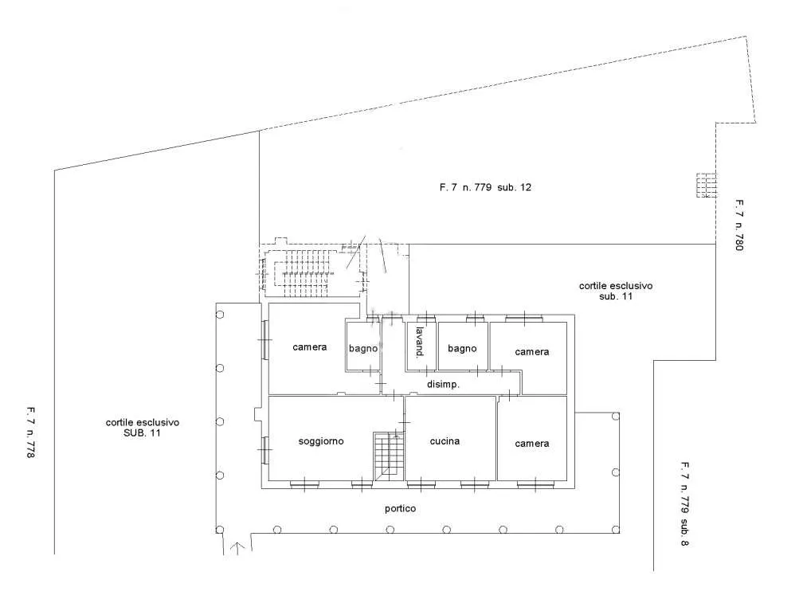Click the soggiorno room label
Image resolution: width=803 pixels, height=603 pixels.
click(x=321, y=441)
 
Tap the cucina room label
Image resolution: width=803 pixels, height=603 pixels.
click(x=445, y=441)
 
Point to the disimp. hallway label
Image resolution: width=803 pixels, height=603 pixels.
click(x=443, y=385)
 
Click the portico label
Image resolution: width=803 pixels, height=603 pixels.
click(x=401, y=508)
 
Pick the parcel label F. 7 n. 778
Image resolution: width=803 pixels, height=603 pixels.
click(x=31, y=432)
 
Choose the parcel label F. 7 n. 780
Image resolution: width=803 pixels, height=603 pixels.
click(x=739, y=225)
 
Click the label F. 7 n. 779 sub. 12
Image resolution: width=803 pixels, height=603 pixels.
click(x=485, y=187)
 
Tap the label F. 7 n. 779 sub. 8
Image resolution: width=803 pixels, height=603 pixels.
click(x=685, y=503)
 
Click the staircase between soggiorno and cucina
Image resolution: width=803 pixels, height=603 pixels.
click(x=389, y=456)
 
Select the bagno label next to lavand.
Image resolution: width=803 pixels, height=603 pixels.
click(x=462, y=349)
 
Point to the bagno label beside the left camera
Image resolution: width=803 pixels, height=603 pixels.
click(x=363, y=349)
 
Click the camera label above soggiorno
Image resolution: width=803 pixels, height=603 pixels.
click(x=309, y=347)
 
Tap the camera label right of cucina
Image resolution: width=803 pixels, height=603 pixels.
click(x=531, y=444)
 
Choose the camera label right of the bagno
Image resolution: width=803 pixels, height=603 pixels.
click(x=531, y=351)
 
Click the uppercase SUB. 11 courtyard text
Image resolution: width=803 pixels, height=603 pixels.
click(x=142, y=433)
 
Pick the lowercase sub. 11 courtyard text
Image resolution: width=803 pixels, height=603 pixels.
click(x=616, y=296)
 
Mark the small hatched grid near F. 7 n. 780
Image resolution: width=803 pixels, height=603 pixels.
click(x=706, y=186)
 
